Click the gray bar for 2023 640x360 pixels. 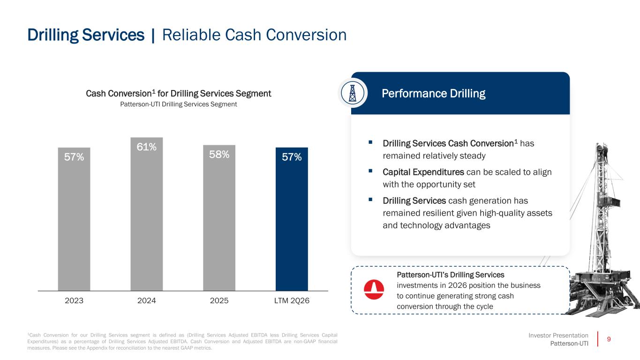(74, 219)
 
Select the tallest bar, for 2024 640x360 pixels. (147, 214)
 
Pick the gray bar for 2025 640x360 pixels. (219, 217)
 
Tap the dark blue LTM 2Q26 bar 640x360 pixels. (292, 219)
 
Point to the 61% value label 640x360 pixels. (147, 147)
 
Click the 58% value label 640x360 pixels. (219, 155)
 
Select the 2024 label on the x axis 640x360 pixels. (147, 300)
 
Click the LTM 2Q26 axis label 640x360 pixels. (292, 300)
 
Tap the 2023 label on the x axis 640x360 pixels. (74, 300)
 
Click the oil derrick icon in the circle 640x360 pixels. (353, 93)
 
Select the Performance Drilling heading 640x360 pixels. (433, 93)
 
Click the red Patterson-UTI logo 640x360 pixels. (374, 289)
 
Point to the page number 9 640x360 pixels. (609, 339)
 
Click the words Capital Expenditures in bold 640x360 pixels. (423, 172)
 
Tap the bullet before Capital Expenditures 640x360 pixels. (370, 171)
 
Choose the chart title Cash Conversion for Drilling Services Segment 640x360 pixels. (178, 93)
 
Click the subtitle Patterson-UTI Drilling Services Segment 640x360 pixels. (178, 104)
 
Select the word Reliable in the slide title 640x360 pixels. (191, 35)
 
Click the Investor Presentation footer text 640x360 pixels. (558, 336)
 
